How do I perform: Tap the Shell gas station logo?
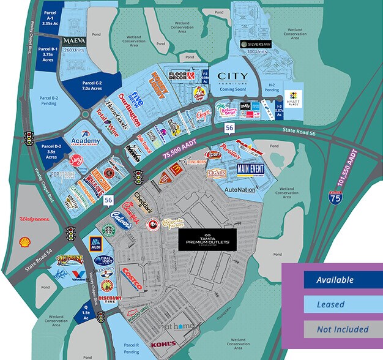(x=24, y=241)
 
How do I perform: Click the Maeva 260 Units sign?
(x=74, y=43)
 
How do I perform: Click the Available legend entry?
(x=335, y=280)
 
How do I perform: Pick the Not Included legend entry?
(x=335, y=329)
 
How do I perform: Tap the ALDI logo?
(x=96, y=243)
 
